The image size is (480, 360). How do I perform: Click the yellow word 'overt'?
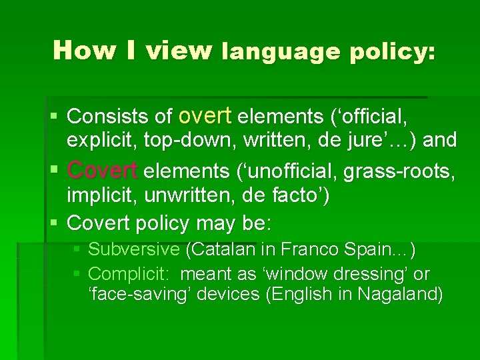205,116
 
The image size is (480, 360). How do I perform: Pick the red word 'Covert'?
103,171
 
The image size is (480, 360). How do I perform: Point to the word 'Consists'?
106,117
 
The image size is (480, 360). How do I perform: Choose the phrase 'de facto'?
294,196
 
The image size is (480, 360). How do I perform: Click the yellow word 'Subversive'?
134,249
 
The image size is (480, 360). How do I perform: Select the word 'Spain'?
377,249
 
